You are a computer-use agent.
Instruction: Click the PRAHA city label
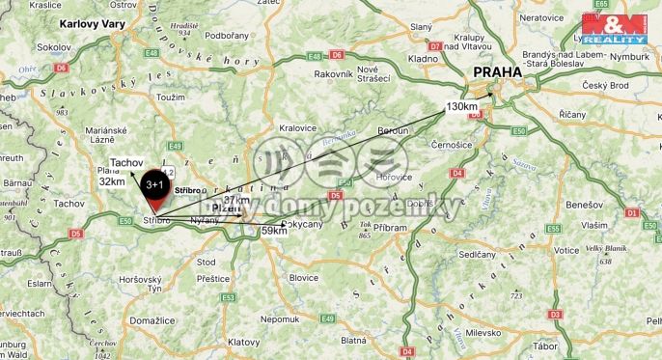pyautogui.click(x=496, y=71)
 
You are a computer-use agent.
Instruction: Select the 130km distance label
pyautogui.click(x=462, y=106)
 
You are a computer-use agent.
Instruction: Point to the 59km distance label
pyautogui.click(x=274, y=232)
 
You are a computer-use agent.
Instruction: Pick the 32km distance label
pyautogui.click(x=112, y=181)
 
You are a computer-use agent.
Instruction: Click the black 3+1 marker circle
pyautogui.click(x=154, y=182)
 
